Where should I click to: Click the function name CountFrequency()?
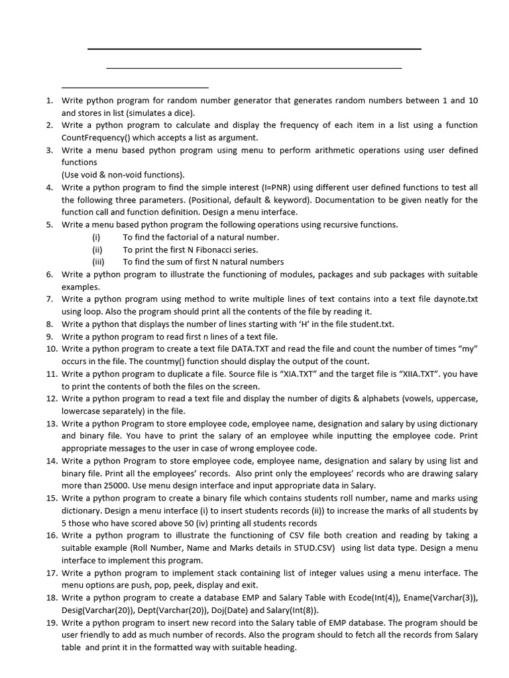[x=96, y=138]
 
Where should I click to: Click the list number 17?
[x=51, y=573]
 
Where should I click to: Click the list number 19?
[x=51, y=622]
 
